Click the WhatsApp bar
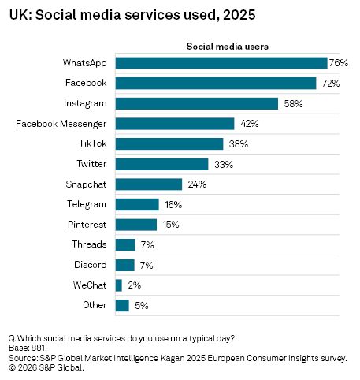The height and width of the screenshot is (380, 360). tap(221, 62)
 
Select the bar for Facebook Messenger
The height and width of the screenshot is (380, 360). tap(175, 123)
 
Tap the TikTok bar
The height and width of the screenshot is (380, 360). tap(169, 143)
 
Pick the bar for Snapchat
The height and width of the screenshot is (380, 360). tap(149, 184)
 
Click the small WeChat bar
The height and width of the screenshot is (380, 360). tap(119, 285)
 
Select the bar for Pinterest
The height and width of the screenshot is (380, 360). tap(136, 225)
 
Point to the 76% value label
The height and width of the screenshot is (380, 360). tap(339, 62)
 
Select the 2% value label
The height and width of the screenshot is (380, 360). tap(133, 285)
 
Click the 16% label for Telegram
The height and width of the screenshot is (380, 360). tap(172, 204)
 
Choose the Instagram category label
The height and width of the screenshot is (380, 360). tap(85, 103)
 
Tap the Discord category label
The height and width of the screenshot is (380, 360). tap(91, 265)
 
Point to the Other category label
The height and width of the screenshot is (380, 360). tap(95, 305)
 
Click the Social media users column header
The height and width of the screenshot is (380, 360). tap(227, 46)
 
